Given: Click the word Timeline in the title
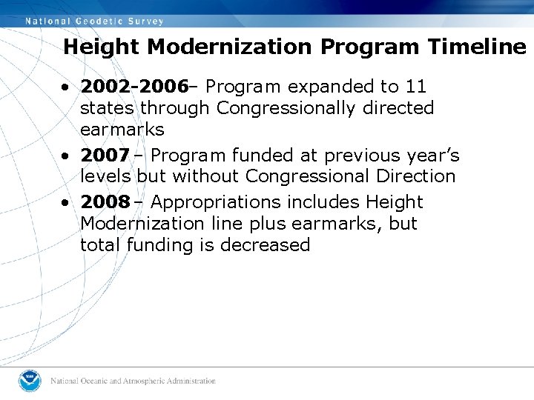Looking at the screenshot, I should click(477, 47).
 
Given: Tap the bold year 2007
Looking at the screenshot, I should click(105, 156).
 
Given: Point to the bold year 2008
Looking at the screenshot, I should click(105, 202).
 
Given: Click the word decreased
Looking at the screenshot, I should click(265, 245).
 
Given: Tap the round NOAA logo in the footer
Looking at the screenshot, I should click(30, 381).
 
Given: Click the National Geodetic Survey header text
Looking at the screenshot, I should click(95, 21).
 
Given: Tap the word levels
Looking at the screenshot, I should click(106, 176).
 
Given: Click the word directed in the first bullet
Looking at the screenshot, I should click(399, 108).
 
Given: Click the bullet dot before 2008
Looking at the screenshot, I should click(66, 203).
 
